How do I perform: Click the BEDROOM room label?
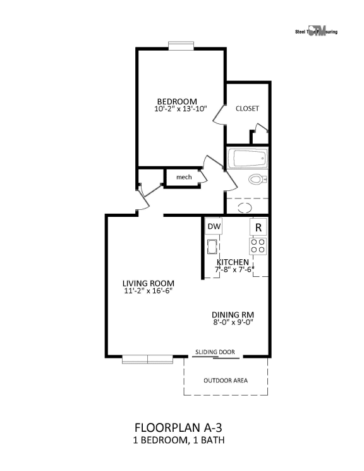click(x=177, y=101)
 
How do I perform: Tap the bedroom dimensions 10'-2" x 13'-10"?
click(x=180, y=109)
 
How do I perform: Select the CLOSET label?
click(x=247, y=108)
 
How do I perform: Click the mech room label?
click(x=184, y=177)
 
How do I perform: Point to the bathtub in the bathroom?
click(x=248, y=158)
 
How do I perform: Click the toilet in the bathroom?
click(x=257, y=179)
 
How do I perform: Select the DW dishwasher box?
click(x=214, y=226)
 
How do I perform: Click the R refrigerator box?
click(x=258, y=226)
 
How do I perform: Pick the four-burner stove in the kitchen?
click(x=258, y=245)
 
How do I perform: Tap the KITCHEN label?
click(x=233, y=262)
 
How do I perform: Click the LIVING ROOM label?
click(x=149, y=283)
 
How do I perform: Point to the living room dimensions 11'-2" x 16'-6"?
click(x=149, y=291)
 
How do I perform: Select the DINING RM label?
click(x=233, y=314)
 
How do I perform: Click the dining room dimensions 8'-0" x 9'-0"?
click(x=233, y=322)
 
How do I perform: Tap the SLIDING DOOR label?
click(x=215, y=352)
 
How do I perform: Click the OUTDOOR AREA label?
click(x=226, y=381)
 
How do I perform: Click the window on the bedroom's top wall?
click(x=181, y=45)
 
